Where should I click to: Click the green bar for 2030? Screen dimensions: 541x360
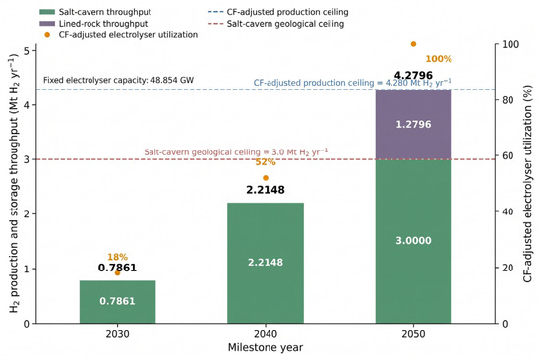117,302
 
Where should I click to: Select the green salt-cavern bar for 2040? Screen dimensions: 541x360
266,263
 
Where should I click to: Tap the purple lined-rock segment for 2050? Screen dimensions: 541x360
413,125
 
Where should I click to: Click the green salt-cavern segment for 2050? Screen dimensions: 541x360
413,241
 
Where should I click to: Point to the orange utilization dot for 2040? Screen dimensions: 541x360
266,178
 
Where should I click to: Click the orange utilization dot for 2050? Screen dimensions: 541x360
413,44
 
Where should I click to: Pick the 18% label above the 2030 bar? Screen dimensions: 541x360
117,257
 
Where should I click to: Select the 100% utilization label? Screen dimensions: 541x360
439,59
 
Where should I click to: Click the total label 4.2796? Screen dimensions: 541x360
413,75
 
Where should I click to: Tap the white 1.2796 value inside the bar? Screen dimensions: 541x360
413,124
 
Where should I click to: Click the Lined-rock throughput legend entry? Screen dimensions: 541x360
93,24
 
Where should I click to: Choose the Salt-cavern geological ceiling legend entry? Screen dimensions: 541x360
276,24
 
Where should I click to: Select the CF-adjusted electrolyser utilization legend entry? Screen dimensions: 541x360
121,35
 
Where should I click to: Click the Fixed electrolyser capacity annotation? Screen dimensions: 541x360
118,80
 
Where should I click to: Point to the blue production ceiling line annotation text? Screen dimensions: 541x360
352,83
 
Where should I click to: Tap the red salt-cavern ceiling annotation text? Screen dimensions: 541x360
236,152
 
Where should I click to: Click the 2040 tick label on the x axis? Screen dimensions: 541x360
266,334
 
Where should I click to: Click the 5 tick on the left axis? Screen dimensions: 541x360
27,51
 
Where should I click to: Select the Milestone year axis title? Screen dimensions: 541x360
266,347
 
